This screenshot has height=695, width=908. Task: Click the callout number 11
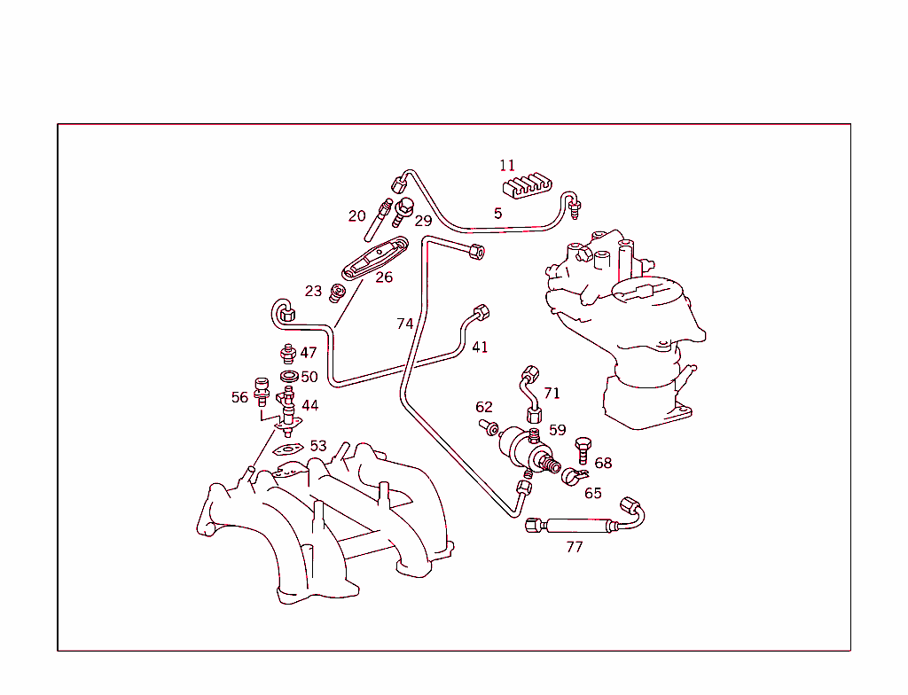[x=506, y=165]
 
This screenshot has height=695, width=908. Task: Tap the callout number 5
[x=497, y=213]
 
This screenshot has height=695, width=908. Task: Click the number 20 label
[x=356, y=215]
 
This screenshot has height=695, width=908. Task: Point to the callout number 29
[x=423, y=220]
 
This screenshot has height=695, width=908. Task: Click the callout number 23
[x=313, y=291]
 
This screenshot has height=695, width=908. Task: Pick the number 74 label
[x=404, y=324]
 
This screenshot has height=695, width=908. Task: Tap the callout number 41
[x=480, y=347]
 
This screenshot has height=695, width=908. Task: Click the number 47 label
[x=308, y=353]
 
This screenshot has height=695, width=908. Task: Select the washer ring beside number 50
[x=289, y=377]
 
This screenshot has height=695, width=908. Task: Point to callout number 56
[x=239, y=397]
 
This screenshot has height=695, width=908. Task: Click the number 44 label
[x=309, y=405]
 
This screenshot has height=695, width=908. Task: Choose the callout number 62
[x=483, y=407]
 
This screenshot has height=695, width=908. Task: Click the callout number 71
[x=552, y=393]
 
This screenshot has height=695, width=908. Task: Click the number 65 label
[x=592, y=493]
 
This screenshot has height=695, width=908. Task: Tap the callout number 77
[x=575, y=547]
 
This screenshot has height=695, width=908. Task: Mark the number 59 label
[x=557, y=430]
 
